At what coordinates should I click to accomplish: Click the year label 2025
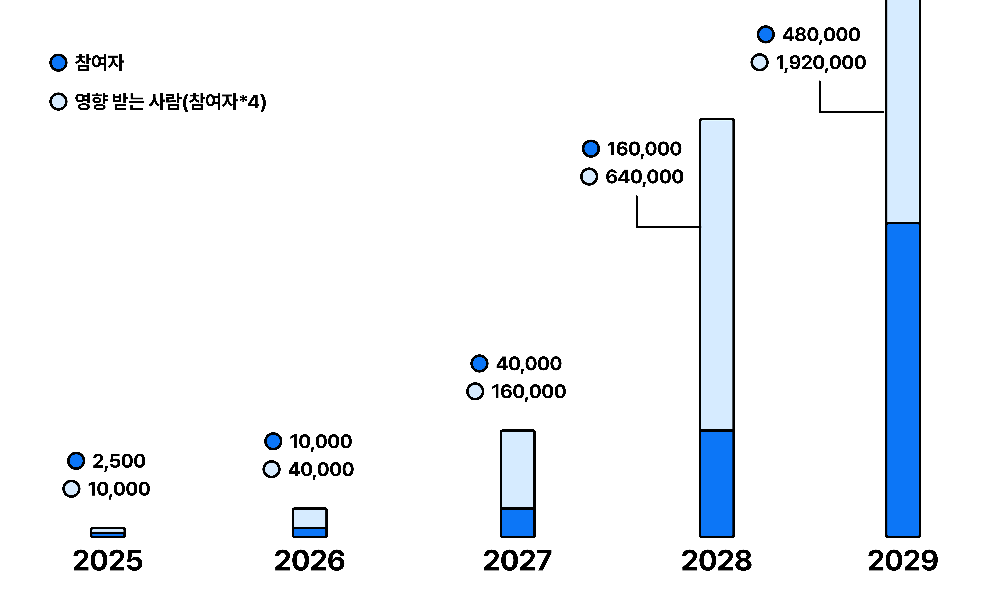(x=108, y=561)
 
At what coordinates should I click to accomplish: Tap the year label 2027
(x=518, y=561)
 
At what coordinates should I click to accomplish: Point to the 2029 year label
(x=903, y=561)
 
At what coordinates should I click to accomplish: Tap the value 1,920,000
(x=821, y=63)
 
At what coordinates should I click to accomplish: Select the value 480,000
(x=821, y=35)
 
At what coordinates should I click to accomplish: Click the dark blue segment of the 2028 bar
(x=717, y=484)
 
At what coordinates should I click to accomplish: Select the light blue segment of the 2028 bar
(x=717, y=275)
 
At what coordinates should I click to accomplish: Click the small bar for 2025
(x=108, y=532)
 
